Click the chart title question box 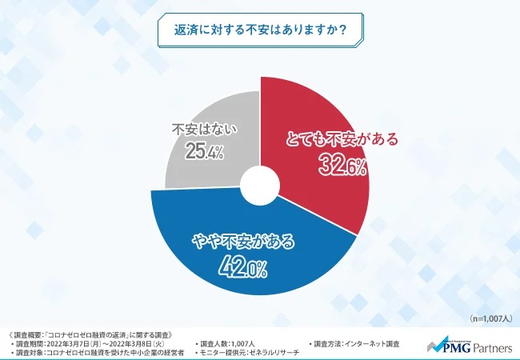tap(260, 30)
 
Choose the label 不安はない tap(204, 128)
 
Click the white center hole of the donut tap(260, 186)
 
